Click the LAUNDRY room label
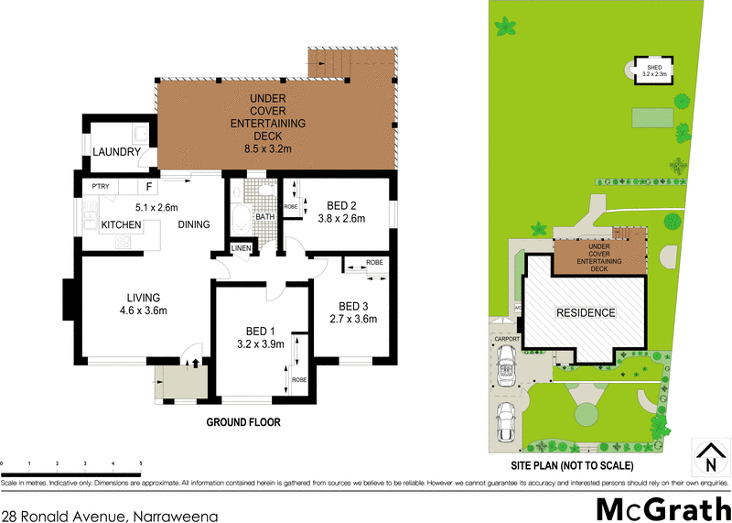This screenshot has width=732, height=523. tap(117, 152)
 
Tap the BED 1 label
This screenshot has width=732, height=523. tap(260, 331)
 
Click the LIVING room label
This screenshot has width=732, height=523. tap(144, 298)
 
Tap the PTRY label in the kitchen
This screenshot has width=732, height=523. tap(99, 186)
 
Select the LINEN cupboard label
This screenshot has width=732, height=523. tap(242, 248)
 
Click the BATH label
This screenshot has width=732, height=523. tap(264, 217)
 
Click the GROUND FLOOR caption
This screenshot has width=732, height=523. tap(242, 423)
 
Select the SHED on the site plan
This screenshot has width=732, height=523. tap(653, 68)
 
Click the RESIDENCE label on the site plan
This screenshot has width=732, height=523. tap(587, 312)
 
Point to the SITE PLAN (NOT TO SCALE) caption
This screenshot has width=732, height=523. tap(585, 465)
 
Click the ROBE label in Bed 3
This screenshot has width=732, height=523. tap(374, 263)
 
